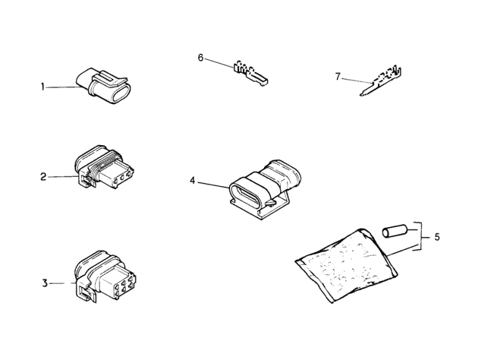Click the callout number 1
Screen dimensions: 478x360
coord(42,87)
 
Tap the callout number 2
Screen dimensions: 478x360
coord(43,176)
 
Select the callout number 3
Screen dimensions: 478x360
coord(45,283)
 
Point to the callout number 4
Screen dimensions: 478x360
coord(193,181)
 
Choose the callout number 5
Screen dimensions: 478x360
coord(437,237)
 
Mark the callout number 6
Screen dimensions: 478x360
coord(200,58)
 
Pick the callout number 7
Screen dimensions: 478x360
coord(338,77)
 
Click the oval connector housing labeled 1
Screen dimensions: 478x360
coord(104,86)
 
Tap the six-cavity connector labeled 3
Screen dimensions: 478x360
coord(105,277)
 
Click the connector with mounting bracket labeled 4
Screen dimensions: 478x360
coord(265,188)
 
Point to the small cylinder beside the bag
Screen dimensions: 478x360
coord(395,231)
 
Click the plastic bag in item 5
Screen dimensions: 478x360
coord(346,266)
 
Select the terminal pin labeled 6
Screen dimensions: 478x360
coord(250,74)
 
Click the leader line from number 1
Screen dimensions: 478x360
coord(64,87)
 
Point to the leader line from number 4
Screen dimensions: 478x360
coord(214,185)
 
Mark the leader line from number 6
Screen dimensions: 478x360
coord(219,62)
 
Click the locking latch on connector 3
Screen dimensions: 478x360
coord(84,292)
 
